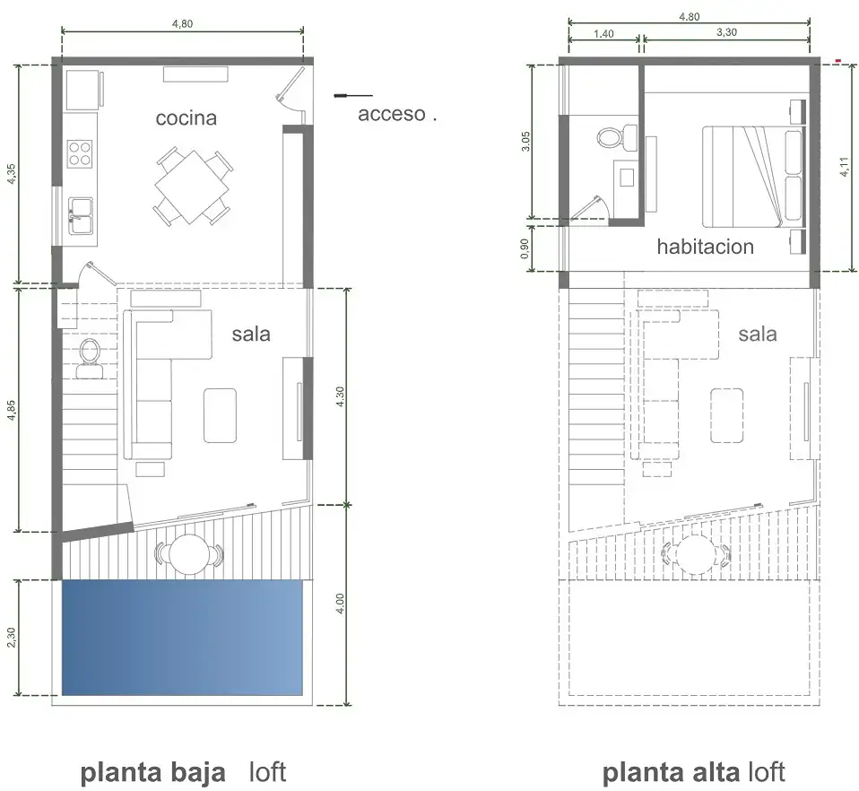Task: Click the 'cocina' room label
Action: coord(187,117)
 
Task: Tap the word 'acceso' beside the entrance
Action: coord(392,114)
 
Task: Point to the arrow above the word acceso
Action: coord(353,96)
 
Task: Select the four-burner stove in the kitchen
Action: coord(80,154)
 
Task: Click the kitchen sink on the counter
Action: coord(81,216)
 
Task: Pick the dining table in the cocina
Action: coord(192,187)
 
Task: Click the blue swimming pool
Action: coord(182,637)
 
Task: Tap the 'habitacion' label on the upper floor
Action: coord(706,247)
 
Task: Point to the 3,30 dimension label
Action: coord(726,32)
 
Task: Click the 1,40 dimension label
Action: coord(603,34)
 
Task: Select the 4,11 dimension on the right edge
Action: coord(845,167)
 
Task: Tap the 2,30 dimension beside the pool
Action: coord(12,637)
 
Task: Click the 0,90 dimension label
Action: coord(525,248)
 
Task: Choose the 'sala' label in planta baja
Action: coord(251,335)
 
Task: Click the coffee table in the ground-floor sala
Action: coord(221,415)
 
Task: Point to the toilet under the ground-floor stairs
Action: coord(90,359)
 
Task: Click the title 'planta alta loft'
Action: coord(693,772)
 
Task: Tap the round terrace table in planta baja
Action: coord(188,554)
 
